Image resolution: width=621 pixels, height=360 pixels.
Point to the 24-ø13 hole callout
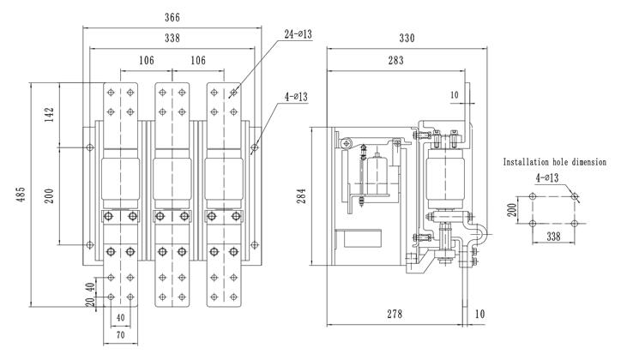[x=296, y=34]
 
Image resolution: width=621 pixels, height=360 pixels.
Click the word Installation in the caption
[x=532, y=161]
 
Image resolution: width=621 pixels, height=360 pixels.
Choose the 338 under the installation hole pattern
[x=553, y=236]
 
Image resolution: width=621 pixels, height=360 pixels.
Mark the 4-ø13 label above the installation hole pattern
[x=546, y=177]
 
